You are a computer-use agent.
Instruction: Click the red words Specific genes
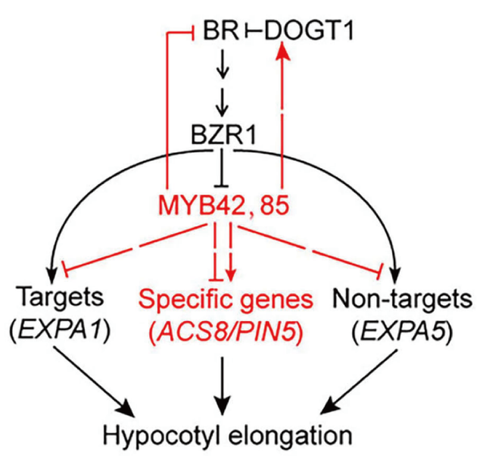pyautogui.click(x=226, y=300)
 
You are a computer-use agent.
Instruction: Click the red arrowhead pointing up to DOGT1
pyautogui.click(x=282, y=52)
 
